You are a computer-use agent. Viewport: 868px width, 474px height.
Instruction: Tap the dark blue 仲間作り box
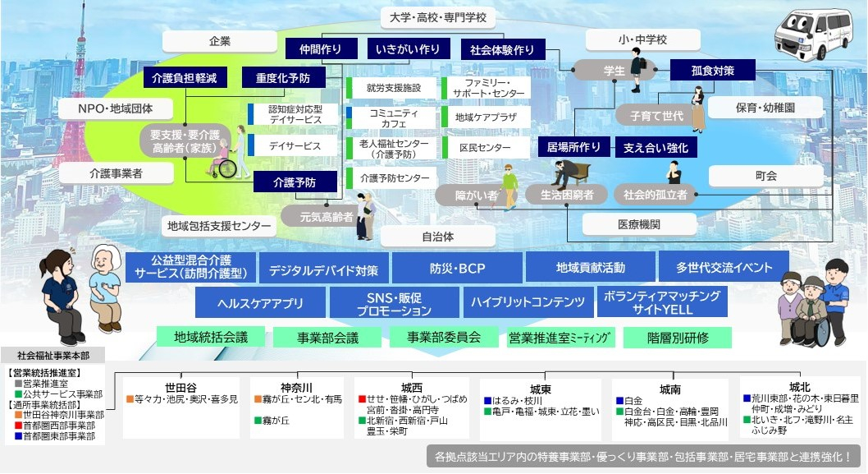tap(321, 49)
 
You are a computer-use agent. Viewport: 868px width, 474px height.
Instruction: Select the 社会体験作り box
tap(502, 49)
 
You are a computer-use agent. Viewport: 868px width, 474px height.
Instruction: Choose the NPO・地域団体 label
tap(115, 108)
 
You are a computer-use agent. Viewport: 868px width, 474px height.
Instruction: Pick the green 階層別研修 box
tap(678, 338)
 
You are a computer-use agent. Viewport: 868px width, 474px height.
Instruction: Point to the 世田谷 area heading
tap(181, 388)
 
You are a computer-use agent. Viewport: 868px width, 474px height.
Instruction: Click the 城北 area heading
tap(799, 387)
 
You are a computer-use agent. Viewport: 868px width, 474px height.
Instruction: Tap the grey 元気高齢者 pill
tap(317, 217)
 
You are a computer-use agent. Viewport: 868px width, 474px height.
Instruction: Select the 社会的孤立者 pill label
tap(655, 195)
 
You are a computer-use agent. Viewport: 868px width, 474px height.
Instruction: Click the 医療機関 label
tap(639, 224)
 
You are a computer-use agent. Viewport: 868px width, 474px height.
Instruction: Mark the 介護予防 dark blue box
tap(295, 182)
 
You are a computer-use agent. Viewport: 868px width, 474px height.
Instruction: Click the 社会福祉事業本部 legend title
tap(53, 356)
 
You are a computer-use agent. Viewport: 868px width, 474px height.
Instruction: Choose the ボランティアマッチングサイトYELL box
tap(661, 303)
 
